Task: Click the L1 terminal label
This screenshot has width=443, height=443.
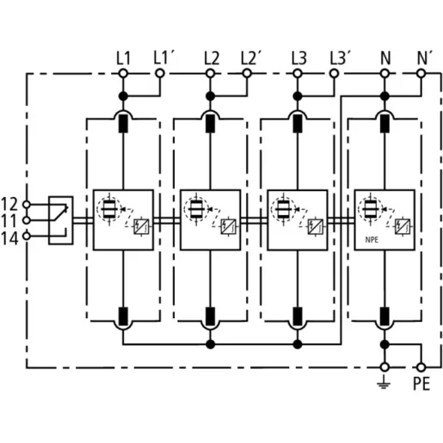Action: point(123,58)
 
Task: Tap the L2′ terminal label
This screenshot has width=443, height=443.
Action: point(250,58)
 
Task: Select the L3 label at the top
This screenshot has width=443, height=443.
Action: point(298,58)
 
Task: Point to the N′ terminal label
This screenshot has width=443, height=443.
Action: point(424,58)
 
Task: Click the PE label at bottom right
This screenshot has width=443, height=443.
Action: point(421,384)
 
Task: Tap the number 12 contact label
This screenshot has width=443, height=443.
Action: point(9,204)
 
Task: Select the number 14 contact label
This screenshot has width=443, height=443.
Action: point(9,238)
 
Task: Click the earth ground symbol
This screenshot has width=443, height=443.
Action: point(384,383)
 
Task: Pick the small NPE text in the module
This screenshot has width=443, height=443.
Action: point(372,240)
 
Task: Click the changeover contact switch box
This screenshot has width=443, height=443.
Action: point(60,220)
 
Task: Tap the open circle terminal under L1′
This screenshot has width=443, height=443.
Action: point(160,74)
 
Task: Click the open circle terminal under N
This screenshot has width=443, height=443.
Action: point(385,74)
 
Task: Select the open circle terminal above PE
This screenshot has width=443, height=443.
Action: point(421,367)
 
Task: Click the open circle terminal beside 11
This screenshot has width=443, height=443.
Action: point(27,220)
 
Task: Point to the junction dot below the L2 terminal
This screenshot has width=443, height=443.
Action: point(211,96)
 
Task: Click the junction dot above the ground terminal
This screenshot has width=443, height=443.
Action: point(385,344)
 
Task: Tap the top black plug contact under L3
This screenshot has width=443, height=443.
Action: point(298,124)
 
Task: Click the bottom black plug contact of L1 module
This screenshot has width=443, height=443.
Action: point(123,317)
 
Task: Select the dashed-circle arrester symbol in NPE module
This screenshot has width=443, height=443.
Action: point(370,209)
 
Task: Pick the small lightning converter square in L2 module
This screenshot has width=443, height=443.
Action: point(229,226)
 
